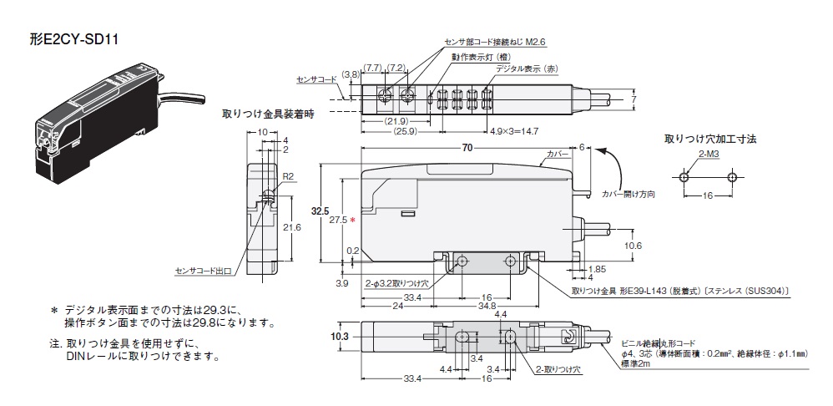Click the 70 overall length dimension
[466, 148]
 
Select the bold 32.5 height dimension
[315, 211]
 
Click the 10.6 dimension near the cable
[634, 246]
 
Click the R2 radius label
[288, 177]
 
